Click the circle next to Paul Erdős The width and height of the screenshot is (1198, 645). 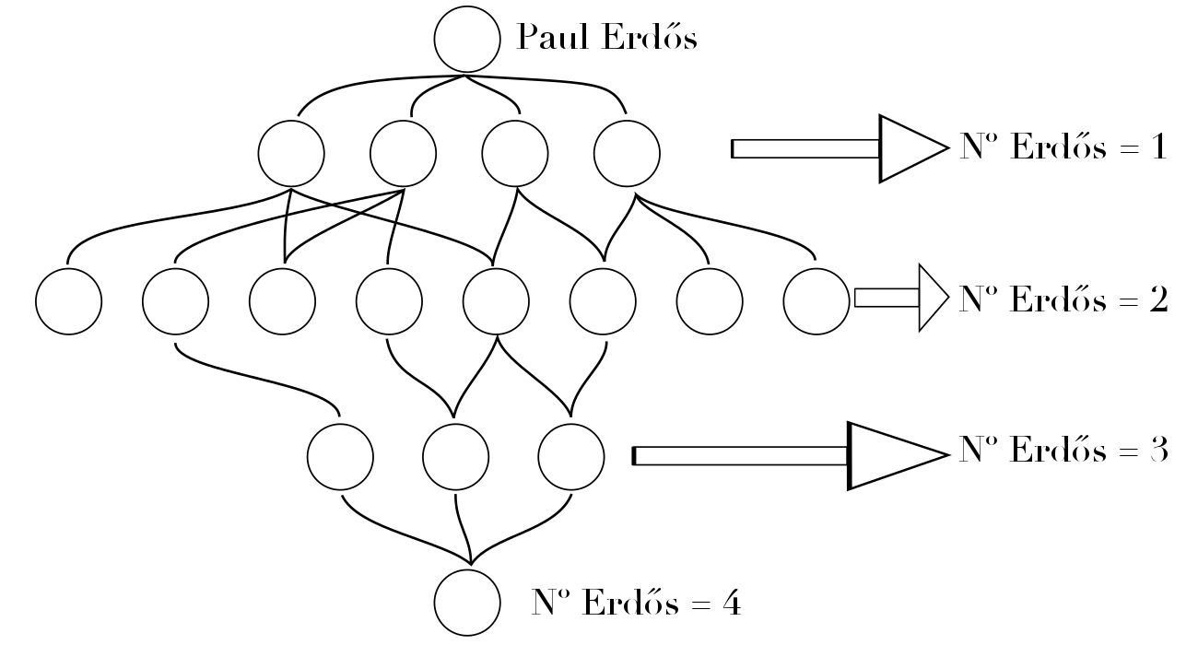[466, 40]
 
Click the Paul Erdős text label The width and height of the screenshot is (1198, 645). [606, 38]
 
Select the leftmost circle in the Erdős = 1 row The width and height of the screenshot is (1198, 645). [291, 153]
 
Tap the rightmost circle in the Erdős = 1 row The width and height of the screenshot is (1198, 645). [627, 153]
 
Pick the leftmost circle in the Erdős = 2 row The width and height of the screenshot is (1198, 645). [69, 301]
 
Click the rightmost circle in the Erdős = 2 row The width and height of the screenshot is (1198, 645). [816, 301]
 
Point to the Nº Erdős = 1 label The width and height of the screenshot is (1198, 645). [1063, 148]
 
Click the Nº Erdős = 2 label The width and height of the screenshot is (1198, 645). [1063, 299]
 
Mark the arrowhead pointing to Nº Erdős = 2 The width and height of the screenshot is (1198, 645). [932, 297]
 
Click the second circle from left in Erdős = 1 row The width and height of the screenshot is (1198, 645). [403, 153]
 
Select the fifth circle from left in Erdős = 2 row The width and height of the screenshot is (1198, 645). [496, 301]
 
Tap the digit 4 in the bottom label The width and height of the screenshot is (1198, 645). [729, 604]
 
